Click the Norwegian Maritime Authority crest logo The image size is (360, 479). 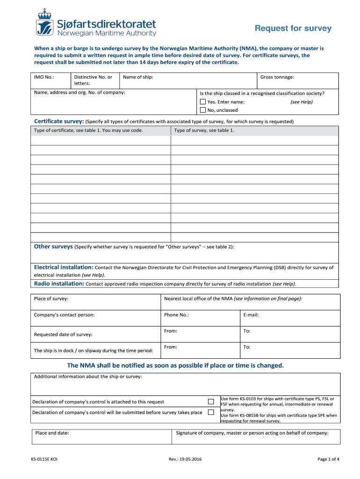point(45,22)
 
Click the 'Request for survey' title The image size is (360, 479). point(293,29)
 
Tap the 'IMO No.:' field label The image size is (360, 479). point(44,77)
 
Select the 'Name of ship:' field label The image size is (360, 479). point(138,77)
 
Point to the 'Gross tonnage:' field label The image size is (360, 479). point(277,77)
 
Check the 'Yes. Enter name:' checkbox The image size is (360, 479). point(203,102)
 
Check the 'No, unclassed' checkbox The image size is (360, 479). point(203,110)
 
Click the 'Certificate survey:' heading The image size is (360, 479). point(59,121)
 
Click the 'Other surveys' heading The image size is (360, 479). point(53,246)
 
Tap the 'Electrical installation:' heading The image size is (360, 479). point(64,267)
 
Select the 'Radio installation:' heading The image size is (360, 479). point(59,283)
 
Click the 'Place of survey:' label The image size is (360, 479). point(51,298)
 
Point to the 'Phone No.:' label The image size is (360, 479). point(176,315)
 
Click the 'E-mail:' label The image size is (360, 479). point(251,315)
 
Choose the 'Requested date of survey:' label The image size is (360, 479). point(63,334)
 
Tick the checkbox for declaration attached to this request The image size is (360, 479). point(211,401)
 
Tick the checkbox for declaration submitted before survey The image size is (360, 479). point(211,412)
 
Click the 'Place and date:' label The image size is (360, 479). point(52,433)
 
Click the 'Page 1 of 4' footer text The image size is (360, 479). point(328,459)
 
